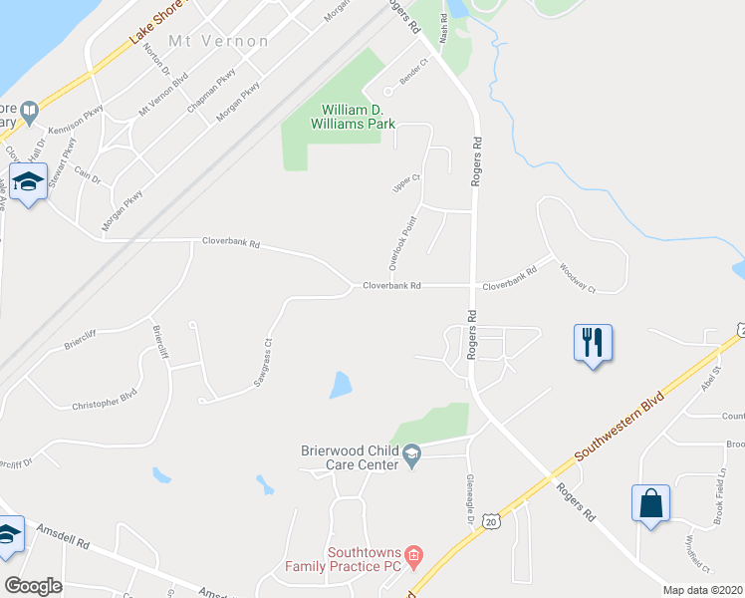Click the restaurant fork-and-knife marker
coord(594,343)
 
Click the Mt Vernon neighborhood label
coord(219,41)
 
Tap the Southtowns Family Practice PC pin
coord(416,553)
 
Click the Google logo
coord(33,586)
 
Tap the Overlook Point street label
coord(400,242)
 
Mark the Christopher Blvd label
coord(104,400)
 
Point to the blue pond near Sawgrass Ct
coord(341,384)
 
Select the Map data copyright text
coord(703,589)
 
